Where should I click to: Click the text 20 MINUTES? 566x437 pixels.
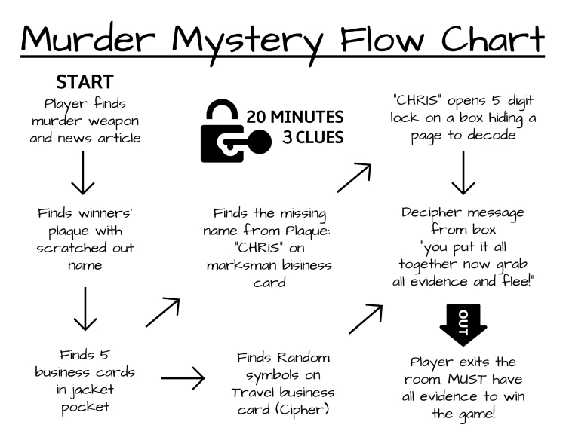295,118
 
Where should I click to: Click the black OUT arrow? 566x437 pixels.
463,324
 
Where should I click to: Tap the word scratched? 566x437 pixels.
84,249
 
